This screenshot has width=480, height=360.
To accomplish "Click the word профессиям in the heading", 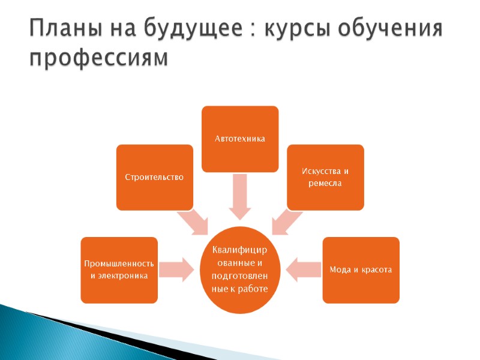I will coord(100,58).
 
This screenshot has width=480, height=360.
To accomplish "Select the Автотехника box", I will coord(240,139).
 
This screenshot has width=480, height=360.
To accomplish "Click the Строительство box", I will coord(155,177).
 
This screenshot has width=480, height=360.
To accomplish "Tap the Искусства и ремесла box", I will coord(325,177).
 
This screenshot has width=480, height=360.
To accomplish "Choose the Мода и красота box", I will coord(361,269).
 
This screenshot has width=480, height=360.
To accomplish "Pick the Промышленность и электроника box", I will coord(119,269).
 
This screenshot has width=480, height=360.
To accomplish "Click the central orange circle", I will coord(240,270).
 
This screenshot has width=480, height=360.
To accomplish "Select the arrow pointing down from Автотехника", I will coord(240,197).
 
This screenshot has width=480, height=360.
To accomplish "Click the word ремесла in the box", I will coord(325,183).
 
